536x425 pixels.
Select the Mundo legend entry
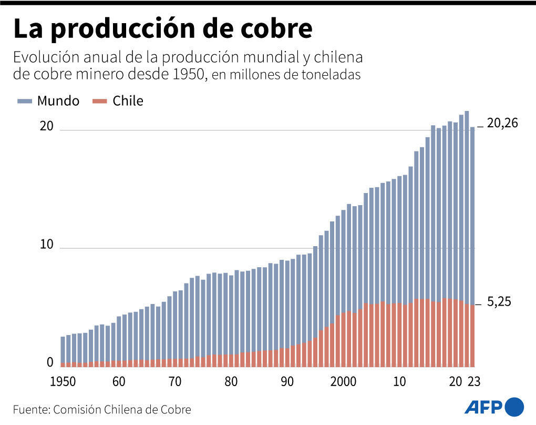pos(58,101)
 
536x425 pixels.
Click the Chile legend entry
pos(128,101)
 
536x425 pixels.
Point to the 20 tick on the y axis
pos(47,127)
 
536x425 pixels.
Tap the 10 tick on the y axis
pos(47,245)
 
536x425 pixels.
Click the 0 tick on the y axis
pos(50,362)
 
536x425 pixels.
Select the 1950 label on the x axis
pos(63,381)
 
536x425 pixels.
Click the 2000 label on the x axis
pos(344,381)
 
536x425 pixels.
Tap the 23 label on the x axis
pos(474,381)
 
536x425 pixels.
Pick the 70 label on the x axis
pos(175,381)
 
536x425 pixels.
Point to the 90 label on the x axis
pos(287,381)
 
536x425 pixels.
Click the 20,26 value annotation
pos(502,123)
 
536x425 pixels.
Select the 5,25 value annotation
pos(499,302)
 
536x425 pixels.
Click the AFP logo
pos(494,407)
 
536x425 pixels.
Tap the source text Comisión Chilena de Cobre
pos(122,409)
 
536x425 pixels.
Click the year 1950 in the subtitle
pos(188,74)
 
